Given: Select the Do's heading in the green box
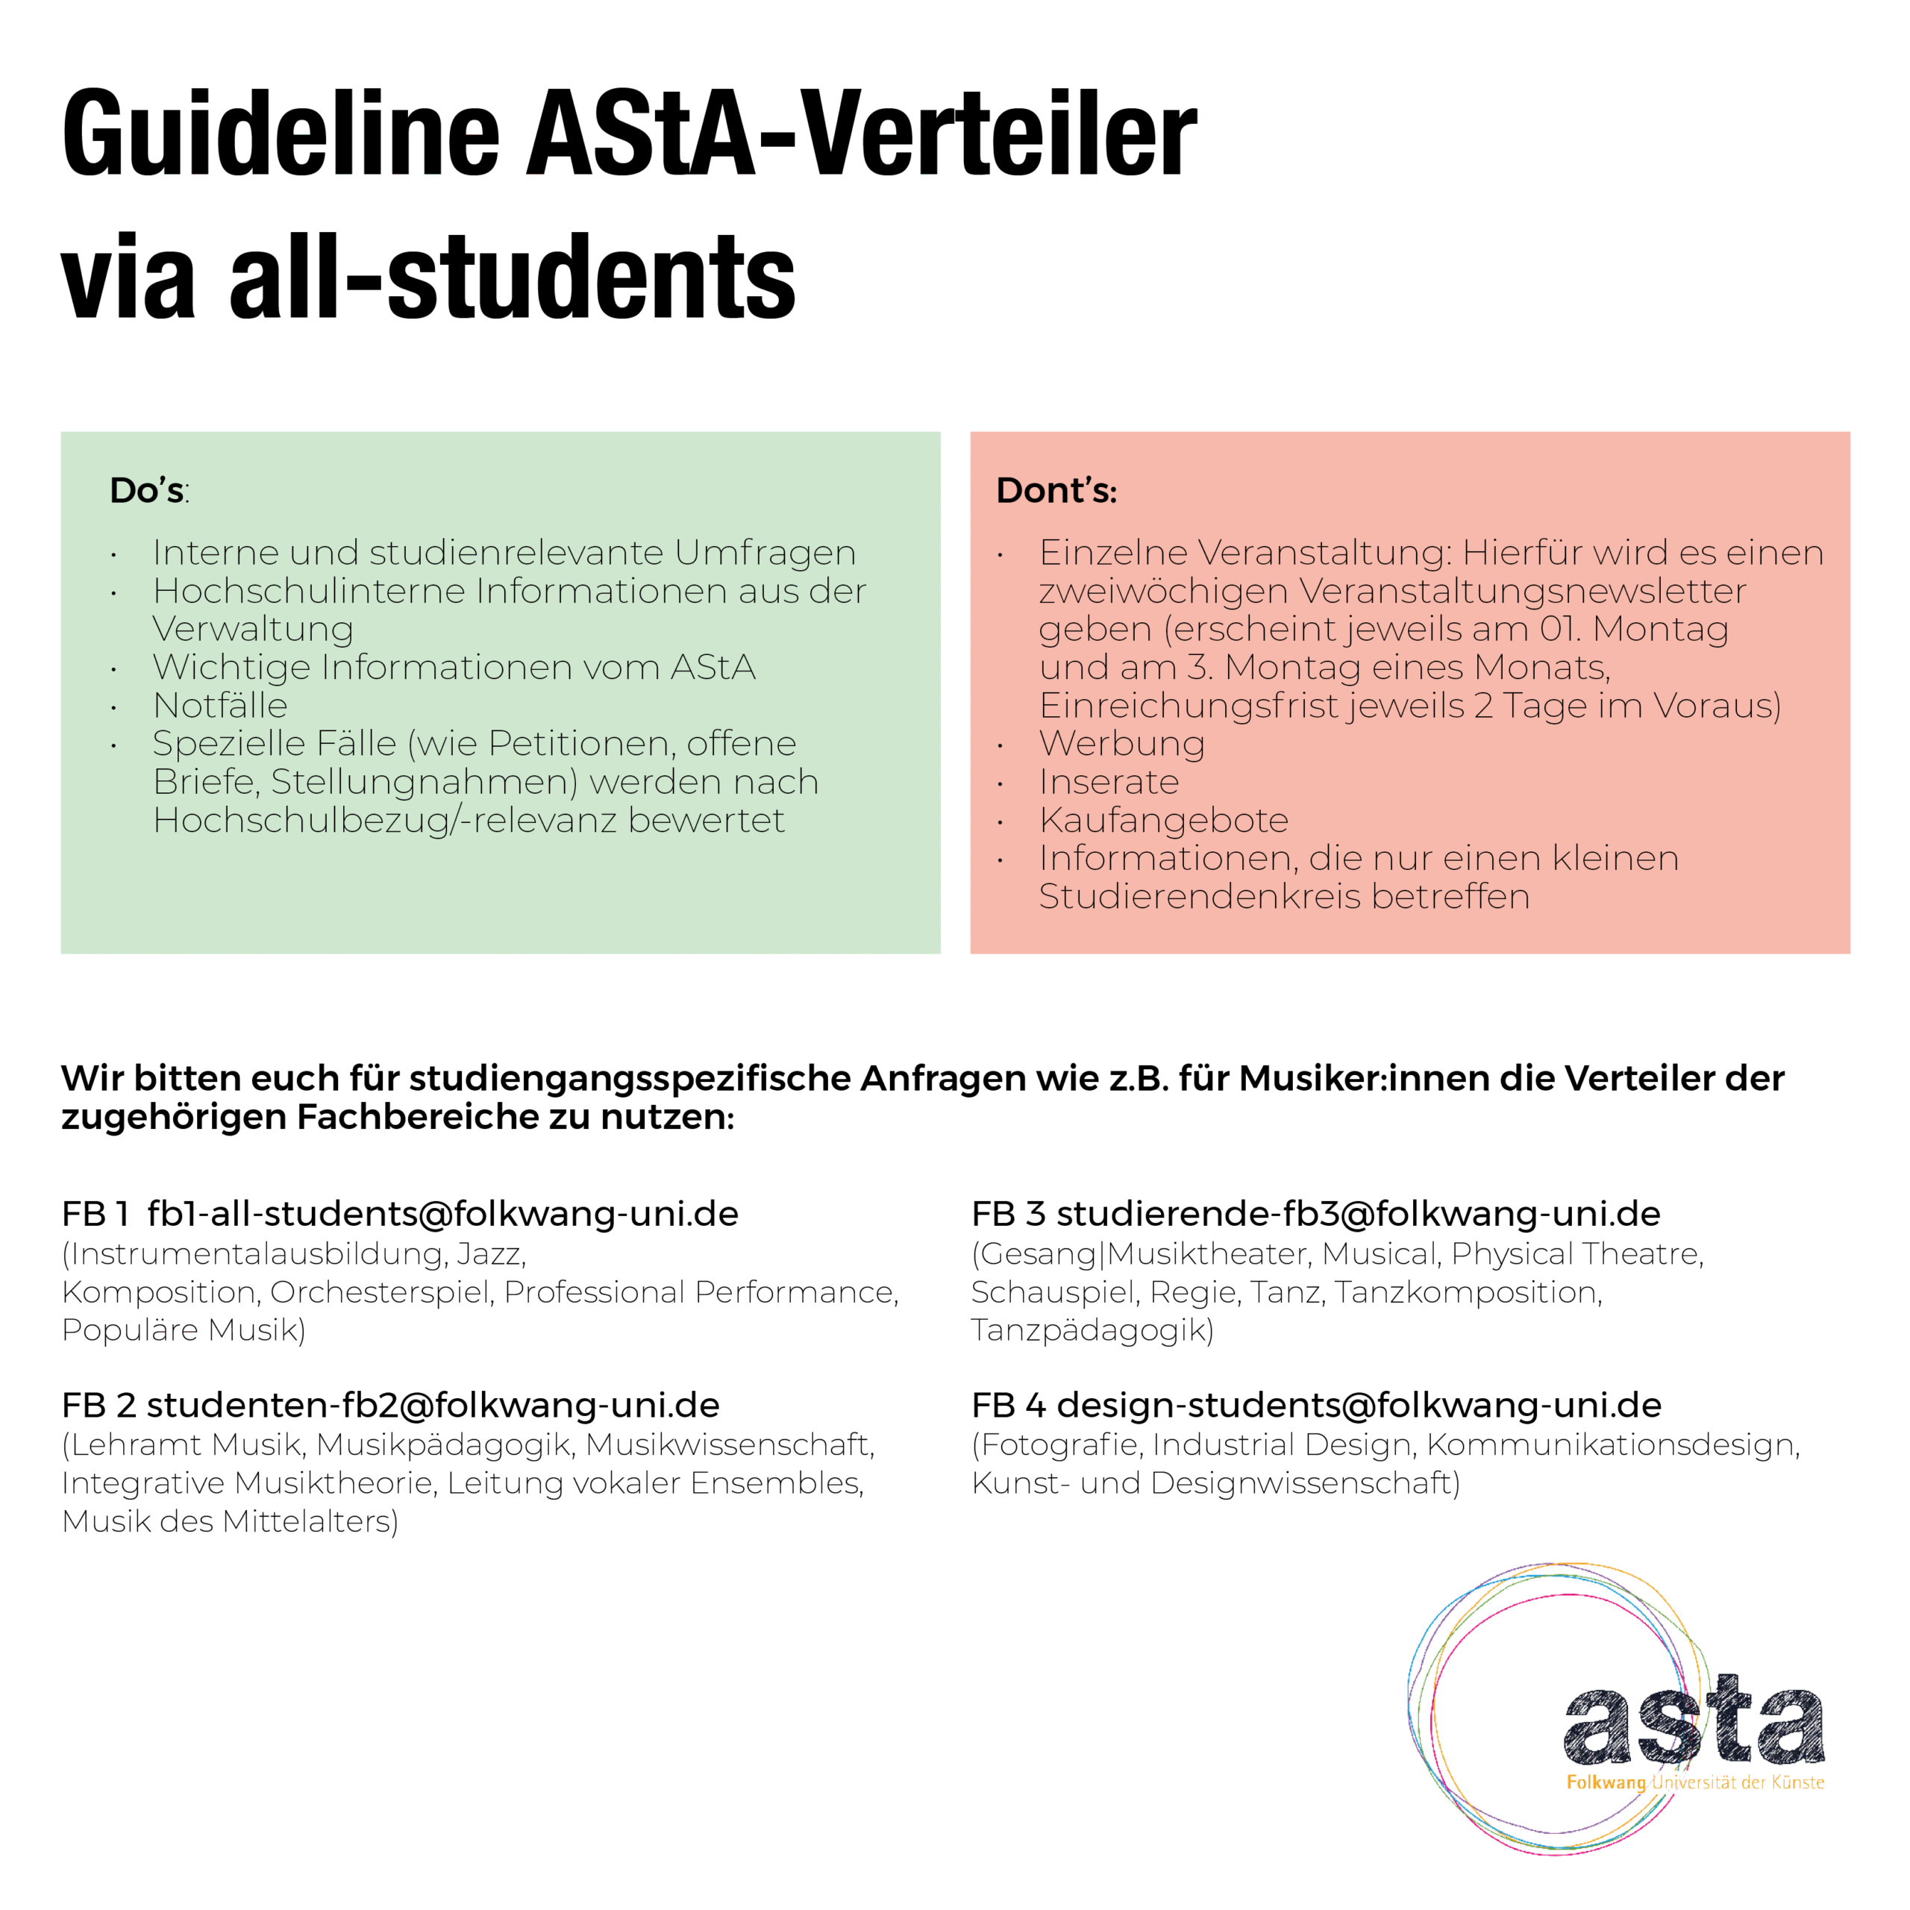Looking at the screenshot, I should point(148,490).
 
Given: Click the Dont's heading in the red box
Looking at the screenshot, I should point(1056,490).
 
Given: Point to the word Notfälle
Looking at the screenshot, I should point(219,705).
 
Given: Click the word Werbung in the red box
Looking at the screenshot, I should point(1121,743).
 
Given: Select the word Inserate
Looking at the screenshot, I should point(1108,782).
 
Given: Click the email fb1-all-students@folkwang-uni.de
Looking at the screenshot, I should point(442,1213).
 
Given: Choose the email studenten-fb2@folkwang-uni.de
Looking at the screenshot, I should point(433,1405).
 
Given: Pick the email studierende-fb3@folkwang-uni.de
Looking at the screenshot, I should point(1357,1213).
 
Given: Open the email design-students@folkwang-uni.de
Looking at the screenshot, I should point(1359,1405).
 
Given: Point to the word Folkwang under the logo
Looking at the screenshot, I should point(1606,1782).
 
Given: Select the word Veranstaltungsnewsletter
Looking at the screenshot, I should point(1521,591).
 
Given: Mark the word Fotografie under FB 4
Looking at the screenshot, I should point(1059,1444).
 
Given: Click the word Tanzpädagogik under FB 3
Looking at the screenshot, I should point(1092,1330).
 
